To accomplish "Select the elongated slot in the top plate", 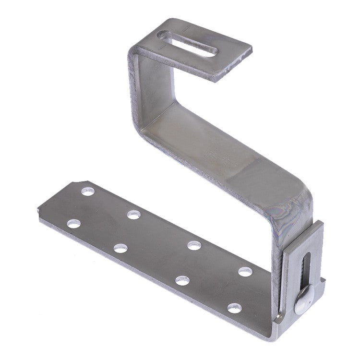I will click(x=188, y=44).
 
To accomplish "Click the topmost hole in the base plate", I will click(x=87, y=191).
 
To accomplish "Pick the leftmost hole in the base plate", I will click(x=73, y=223).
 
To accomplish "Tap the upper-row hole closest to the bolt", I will click(x=245, y=272).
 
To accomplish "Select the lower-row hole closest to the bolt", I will click(x=235, y=308).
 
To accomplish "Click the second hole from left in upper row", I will click(x=134, y=215).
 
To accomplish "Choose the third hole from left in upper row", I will click(x=194, y=245).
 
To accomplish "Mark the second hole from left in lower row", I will click(x=120, y=248).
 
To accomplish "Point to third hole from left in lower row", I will click(x=182, y=280).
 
